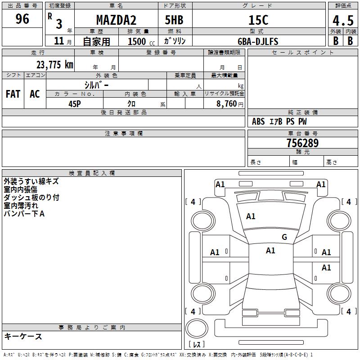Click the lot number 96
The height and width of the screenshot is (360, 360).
click(x=22, y=19)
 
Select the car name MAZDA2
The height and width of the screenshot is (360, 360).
click(x=116, y=20)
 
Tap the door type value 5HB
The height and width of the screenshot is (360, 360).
click(x=174, y=20)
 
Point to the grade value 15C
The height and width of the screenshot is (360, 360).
click(x=258, y=20)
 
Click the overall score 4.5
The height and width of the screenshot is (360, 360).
click(x=342, y=21)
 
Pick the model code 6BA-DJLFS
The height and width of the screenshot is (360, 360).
click(x=258, y=41)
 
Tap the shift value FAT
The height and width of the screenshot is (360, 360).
click(x=13, y=94)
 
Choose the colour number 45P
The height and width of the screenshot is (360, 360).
click(x=74, y=103)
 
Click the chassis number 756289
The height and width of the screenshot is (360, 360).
click(x=302, y=143)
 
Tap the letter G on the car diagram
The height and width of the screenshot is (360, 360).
click(x=284, y=237)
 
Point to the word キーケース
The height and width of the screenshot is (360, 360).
click(x=23, y=336)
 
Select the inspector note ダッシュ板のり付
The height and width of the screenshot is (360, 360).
click(x=31, y=198)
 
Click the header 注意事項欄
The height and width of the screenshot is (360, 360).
click(x=123, y=134)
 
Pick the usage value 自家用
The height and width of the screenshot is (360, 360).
click(x=96, y=41)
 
